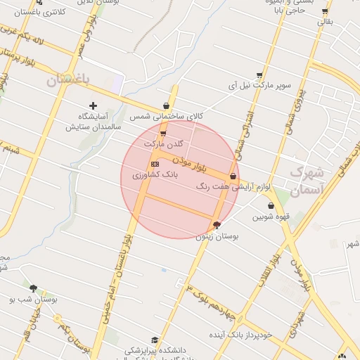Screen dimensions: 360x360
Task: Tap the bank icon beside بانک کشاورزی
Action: tap(155, 164)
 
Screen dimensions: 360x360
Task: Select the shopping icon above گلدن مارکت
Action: tap(163, 133)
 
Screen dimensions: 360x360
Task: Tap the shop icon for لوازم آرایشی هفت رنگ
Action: tap(233, 176)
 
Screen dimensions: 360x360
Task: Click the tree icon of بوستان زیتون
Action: tap(217, 225)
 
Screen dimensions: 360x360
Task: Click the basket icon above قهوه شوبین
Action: tap(271, 206)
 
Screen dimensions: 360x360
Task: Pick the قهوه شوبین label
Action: tap(271, 217)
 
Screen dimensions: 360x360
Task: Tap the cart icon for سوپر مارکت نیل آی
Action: tap(259, 75)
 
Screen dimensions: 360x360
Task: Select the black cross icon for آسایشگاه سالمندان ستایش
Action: tap(93, 105)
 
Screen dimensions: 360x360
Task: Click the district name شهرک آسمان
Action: tap(306, 180)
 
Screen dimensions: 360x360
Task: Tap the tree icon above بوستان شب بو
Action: tap(33, 288)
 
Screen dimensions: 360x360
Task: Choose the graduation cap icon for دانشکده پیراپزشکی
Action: tap(155, 340)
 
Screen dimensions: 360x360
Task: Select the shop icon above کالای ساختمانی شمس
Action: tap(167, 105)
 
